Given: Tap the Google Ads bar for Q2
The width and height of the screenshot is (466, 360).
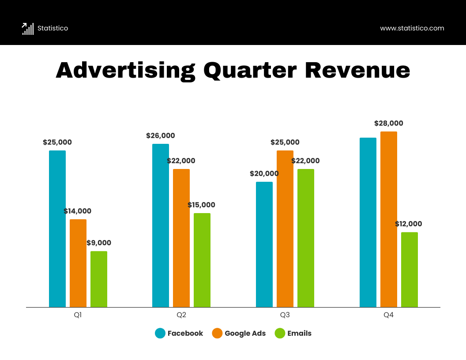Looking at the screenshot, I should [x=181, y=238].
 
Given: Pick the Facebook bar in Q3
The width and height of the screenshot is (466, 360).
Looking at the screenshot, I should [x=264, y=244].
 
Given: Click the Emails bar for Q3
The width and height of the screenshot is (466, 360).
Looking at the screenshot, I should [x=306, y=238].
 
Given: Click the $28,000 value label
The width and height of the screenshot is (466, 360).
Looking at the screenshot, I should [x=389, y=124].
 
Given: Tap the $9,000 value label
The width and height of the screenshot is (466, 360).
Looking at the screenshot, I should [x=99, y=243].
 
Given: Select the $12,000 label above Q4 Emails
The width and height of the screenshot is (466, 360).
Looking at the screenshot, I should [x=408, y=224].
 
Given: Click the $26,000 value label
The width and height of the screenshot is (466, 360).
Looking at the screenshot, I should [x=161, y=136].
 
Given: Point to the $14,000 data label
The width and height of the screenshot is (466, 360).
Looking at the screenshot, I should [x=78, y=211].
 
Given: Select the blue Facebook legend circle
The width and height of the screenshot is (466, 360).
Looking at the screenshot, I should [x=160, y=334].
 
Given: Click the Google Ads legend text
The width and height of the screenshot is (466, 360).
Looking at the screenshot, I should [x=245, y=334].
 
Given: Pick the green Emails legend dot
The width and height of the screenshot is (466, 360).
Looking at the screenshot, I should [x=280, y=334].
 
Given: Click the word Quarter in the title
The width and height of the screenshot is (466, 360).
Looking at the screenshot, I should [x=249, y=71].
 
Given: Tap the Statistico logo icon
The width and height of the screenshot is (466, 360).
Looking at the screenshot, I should [x=28, y=29].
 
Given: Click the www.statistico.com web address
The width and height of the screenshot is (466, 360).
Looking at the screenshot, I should [x=412, y=28].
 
